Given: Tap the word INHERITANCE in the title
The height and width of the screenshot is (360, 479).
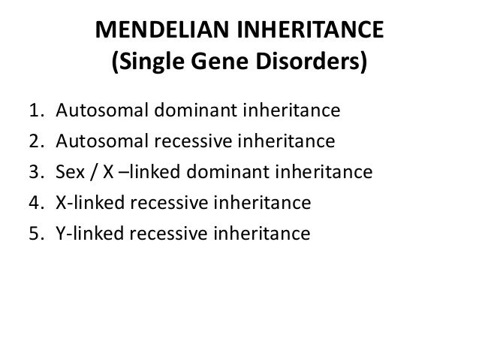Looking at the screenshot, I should (x=309, y=33).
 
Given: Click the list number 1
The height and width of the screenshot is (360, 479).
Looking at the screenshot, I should (x=35, y=113).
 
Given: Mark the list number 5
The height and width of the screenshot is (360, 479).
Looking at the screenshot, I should (x=35, y=234).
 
